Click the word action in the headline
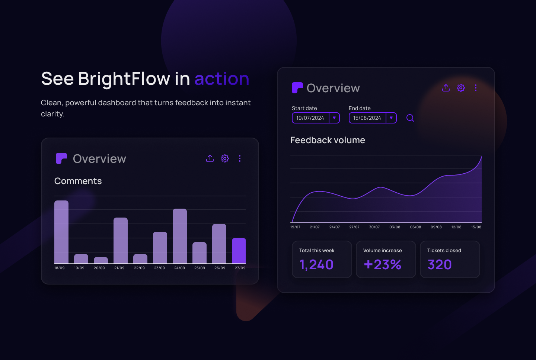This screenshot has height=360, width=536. click(x=222, y=79)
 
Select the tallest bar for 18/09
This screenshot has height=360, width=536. click(x=61, y=232)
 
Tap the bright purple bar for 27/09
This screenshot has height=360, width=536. click(x=239, y=251)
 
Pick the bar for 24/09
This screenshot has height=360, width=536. click(x=180, y=236)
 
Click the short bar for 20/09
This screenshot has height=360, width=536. click(x=101, y=260)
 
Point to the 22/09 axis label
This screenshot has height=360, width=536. click(x=139, y=268)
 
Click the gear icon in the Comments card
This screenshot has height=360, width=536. click(x=225, y=158)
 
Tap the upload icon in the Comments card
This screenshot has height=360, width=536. click(x=210, y=158)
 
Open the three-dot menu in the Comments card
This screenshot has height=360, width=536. click(x=240, y=158)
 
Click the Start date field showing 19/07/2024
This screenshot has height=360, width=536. click(x=310, y=118)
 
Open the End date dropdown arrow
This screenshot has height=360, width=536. click(x=391, y=118)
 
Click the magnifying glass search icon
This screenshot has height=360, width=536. click(x=410, y=118)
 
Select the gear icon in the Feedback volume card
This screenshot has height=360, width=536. click(x=461, y=88)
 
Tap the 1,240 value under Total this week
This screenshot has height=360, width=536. click(x=316, y=265)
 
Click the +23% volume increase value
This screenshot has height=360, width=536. click(x=383, y=265)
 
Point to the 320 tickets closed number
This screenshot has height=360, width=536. click(x=440, y=265)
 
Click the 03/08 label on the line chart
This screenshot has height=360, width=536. click(x=395, y=227)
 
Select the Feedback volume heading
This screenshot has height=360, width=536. click(x=328, y=140)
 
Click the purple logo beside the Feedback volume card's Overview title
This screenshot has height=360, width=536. click(x=297, y=88)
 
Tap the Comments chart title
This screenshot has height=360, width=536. click(x=78, y=181)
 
